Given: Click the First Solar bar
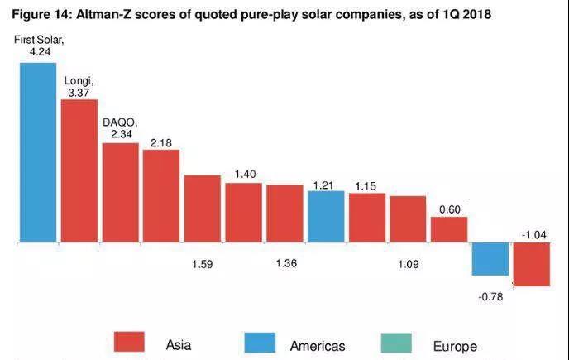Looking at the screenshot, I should tap(38, 153).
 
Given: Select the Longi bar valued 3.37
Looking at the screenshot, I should tap(79, 171).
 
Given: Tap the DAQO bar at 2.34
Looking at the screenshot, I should tap(120, 193).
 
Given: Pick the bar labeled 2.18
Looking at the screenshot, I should tap(160, 196).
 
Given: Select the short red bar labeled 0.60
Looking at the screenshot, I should tap(449, 230).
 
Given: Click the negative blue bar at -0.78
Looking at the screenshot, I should tap(490, 259).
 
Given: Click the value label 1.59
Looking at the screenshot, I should tap(203, 265).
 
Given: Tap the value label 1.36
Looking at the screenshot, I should tap(286, 265).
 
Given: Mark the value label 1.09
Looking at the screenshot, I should tap(407, 265).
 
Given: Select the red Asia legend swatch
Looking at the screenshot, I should tap(128, 342).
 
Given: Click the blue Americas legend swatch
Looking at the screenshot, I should tap(262, 342).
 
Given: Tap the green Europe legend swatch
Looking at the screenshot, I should tap(397, 342).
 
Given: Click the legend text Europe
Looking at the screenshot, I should tap(455, 346).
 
